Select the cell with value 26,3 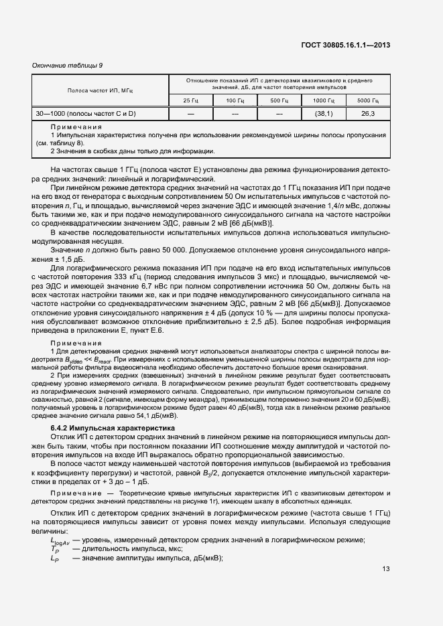[x=368, y=114]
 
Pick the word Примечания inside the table [x=76, y=127]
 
